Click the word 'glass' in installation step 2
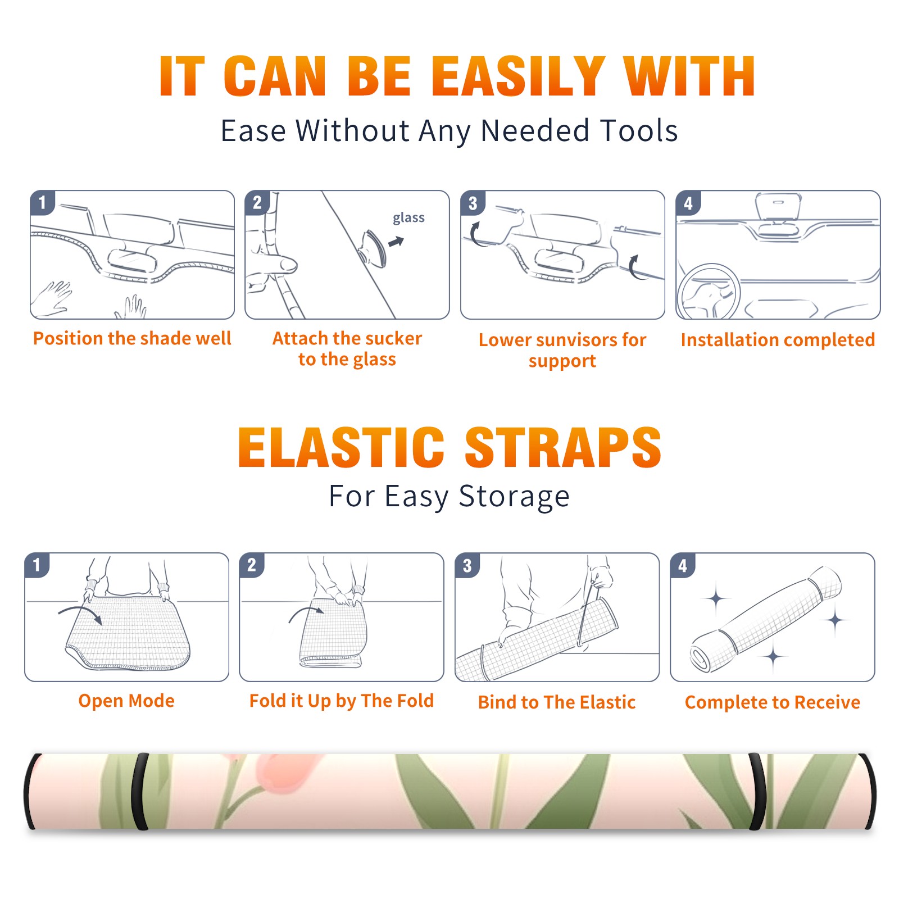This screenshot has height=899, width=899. pyautogui.click(x=408, y=218)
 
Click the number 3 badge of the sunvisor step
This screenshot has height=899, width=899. pyautogui.click(x=473, y=203)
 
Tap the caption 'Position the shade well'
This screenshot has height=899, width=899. pyautogui.click(x=132, y=338)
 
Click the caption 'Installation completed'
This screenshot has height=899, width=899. pyautogui.click(x=778, y=340)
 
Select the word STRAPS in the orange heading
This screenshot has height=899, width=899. pyautogui.click(x=563, y=447)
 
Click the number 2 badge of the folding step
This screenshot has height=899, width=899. pyautogui.click(x=252, y=565)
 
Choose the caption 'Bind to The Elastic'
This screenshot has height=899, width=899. pyautogui.click(x=556, y=702)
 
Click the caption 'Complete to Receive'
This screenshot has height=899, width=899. pyautogui.click(x=773, y=702)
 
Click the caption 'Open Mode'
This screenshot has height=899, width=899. pyautogui.click(x=126, y=701)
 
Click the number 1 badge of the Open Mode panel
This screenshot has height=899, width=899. pyautogui.click(x=37, y=565)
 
